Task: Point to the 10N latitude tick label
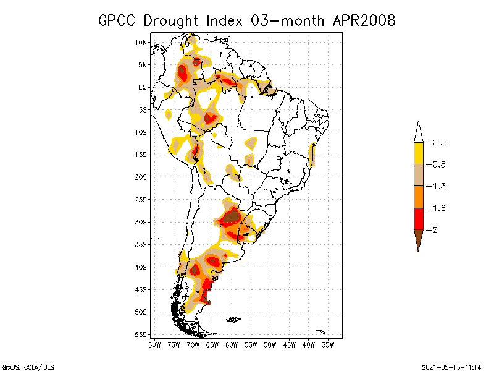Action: click(x=141, y=42)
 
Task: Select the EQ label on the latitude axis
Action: click(x=143, y=87)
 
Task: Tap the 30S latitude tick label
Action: click(x=141, y=222)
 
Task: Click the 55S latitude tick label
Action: click(x=141, y=335)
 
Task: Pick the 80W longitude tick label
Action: click(x=154, y=344)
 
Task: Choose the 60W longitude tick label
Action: click(x=232, y=344)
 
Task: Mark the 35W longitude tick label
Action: click(x=329, y=344)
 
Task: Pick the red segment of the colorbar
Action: click(x=418, y=219)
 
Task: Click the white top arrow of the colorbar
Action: click(x=418, y=132)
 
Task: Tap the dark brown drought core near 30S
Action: click(x=231, y=217)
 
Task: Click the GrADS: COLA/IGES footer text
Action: click(x=28, y=366)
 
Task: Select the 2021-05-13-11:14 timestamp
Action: click(x=451, y=366)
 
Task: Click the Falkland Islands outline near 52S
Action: click(x=233, y=320)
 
